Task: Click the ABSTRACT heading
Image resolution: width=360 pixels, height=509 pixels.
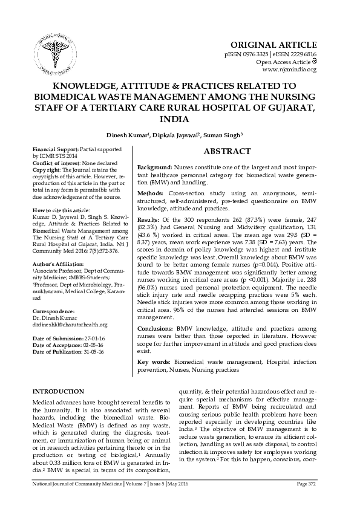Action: pyautogui.click(x=227, y=152)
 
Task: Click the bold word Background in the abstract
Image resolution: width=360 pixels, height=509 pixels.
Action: pyautogui.click(x=155, y=166)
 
